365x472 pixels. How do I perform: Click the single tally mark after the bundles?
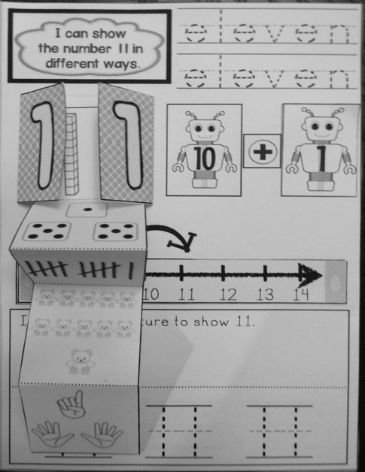pos(132,270)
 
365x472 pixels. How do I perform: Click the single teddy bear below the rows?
pos(79,360)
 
